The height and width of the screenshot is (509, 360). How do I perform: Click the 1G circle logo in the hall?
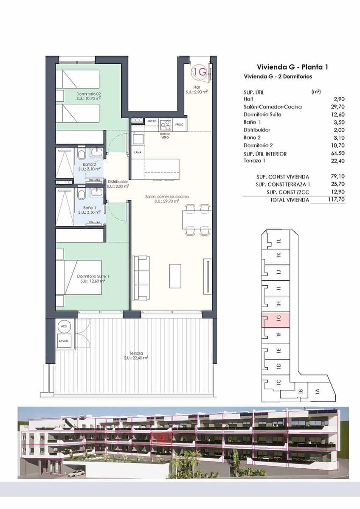[200, 72]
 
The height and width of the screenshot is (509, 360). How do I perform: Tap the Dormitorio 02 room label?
[88, 94]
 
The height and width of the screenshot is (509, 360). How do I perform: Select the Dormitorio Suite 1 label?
[93, 277]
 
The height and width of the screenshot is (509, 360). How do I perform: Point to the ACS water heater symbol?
[64, 326]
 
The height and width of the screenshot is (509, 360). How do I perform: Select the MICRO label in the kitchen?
[152, 121]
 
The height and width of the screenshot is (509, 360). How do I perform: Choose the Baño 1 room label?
[89, 207]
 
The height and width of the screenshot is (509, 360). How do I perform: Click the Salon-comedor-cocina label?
[167, 197]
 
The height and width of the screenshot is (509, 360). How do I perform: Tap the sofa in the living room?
[141, 277]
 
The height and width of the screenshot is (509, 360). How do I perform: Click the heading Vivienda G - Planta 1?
[292, 67]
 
